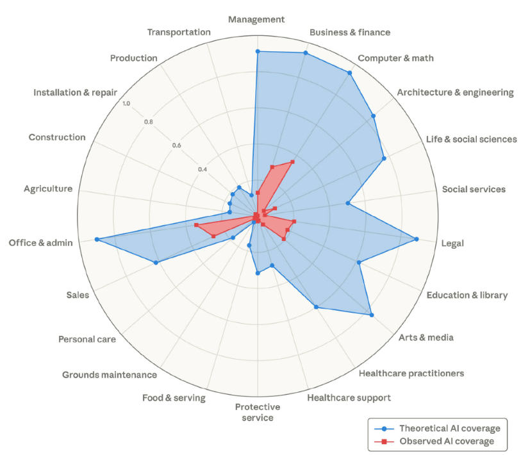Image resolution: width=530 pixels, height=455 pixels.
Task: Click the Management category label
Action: tap(256, 20)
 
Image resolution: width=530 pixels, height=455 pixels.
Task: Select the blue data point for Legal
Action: tap(417, 239)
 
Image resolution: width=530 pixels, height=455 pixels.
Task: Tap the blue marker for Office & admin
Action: tap(97, 240)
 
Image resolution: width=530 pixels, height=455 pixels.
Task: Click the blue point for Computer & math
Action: tap(349, 73)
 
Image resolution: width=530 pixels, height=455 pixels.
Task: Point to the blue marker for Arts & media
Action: tap(371, 314)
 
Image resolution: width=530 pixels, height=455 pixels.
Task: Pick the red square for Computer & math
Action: tap(293, 161)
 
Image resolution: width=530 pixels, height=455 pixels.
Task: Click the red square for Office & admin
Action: tap(196, 226)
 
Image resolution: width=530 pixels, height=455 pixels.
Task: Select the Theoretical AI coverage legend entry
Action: tap(449, 428)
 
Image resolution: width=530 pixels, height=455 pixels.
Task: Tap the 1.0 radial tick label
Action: tap(126, 104)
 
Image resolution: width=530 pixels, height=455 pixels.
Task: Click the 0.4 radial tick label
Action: tap(203, 169)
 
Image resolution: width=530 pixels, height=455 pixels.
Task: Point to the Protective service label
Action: tap(257, 412)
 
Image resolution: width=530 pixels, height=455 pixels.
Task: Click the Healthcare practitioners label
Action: tap(411, 373)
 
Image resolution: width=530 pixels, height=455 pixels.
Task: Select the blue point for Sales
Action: tap(156, 263)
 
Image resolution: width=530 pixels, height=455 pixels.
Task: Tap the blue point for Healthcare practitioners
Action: tap(317, 307)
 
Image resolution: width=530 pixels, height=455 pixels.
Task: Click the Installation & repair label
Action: tap(75, 92)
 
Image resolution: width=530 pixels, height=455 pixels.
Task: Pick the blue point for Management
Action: tap(258, 51)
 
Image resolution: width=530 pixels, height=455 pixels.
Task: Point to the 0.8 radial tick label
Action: tap(148, 122)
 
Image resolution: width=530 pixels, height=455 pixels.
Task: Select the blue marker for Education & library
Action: tap(359, 262)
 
